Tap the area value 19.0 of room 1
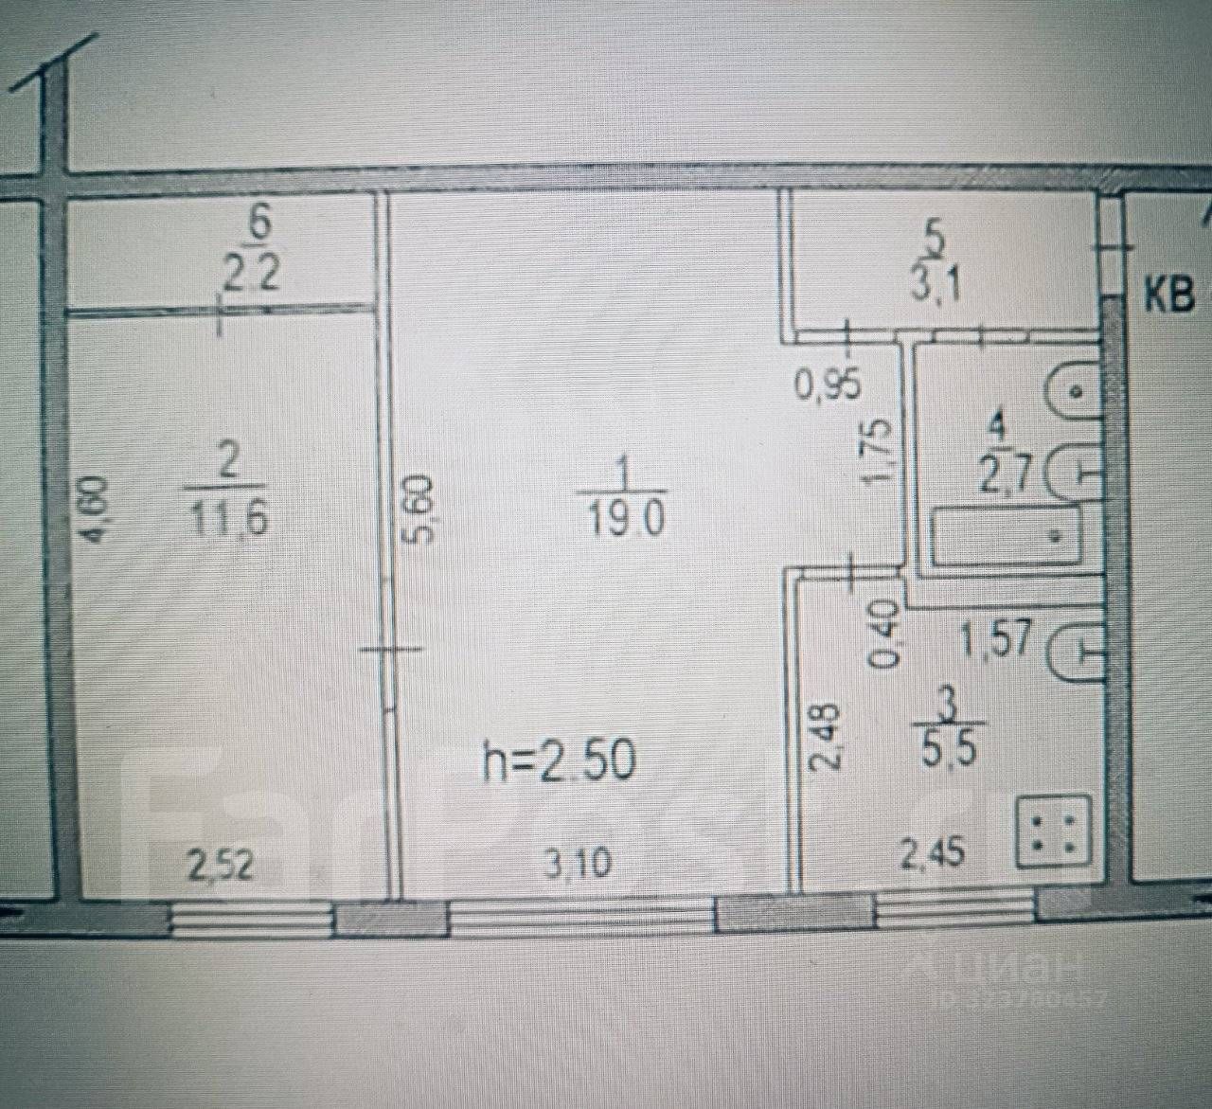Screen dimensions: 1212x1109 tap(627, 518)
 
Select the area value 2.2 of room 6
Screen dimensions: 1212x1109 tap(252, 276)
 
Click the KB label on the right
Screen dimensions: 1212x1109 tap(1169, 297)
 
